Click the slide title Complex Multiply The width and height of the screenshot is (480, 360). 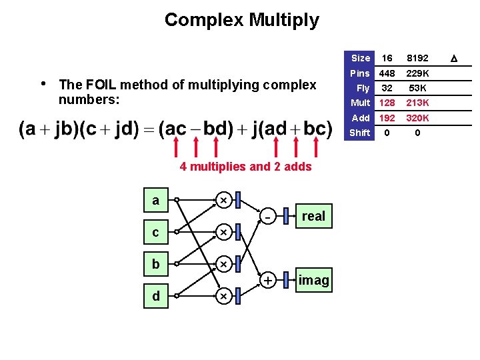click(x=241, y=20)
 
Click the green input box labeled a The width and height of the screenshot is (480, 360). click(x=155, y=200)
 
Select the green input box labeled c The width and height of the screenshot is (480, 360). click(x=155, y=232)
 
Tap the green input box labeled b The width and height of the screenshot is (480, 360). click(x=155, y=264)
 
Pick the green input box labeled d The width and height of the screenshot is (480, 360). click(x=155, y=296)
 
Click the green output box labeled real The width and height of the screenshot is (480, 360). click(x=313, y=215)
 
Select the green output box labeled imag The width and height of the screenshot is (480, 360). click(x=313, y=280)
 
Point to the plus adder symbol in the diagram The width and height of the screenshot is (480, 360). click(x=267, y=281)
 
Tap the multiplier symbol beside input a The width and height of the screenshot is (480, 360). click(x=223, y=200)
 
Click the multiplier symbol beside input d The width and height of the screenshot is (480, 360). click(x=223, y=296)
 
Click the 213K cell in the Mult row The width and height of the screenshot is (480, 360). click(x=418, y=103)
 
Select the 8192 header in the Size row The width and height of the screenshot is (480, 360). click(x=418, y=58)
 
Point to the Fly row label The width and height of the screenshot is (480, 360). click(x=363, y=88)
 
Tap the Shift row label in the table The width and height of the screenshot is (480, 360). click(x=360, y=133)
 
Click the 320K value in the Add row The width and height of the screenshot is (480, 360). click(x=418, y=118)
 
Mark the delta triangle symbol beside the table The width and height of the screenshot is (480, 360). click(x=454, y=59)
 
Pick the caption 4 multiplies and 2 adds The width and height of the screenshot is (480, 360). click(x=245, y=167)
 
